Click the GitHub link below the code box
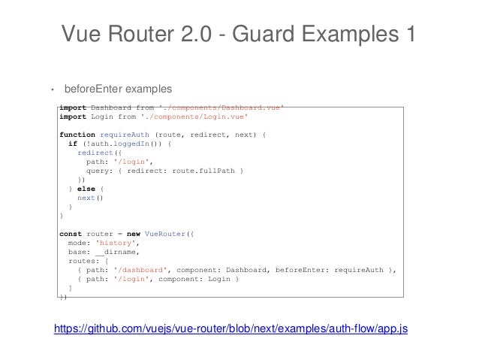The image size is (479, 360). point(230,329)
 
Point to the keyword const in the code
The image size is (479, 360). point(70,234)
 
